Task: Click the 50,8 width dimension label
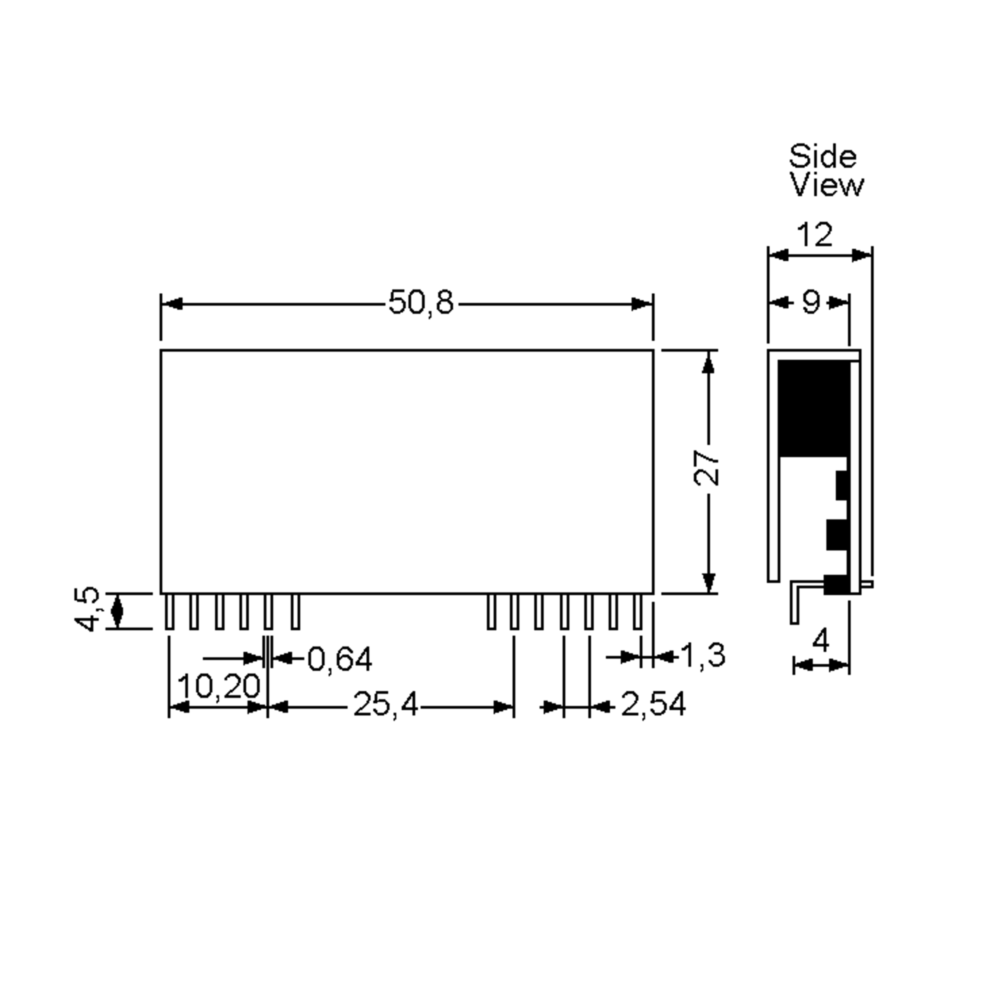point(421,302)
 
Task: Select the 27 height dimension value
point(707,468)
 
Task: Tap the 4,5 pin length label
point(87,609)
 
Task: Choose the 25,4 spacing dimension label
point(385,705)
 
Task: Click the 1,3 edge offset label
point(702,655)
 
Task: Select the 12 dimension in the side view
point(815,235)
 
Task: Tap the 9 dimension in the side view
point(811,302)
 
